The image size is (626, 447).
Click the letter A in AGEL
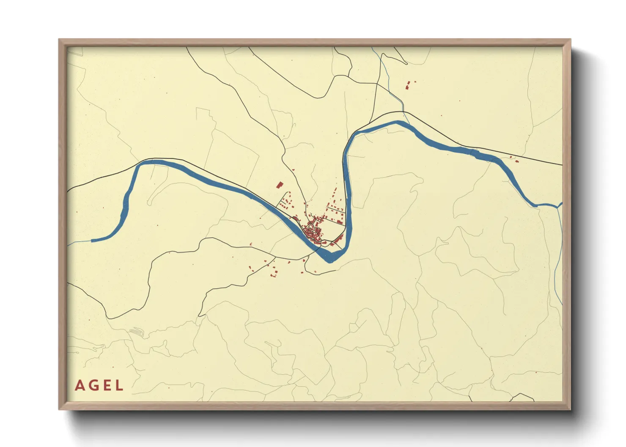(79, 385)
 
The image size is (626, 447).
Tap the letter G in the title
(93, 385)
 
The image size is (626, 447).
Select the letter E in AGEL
(107, 385)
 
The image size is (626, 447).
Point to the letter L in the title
(119, 385)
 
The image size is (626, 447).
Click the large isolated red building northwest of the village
(279, 185)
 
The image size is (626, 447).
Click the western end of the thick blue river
(92, 241)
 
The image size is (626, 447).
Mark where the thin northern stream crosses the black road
(404, 112)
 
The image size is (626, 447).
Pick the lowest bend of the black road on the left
(111, 318)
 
